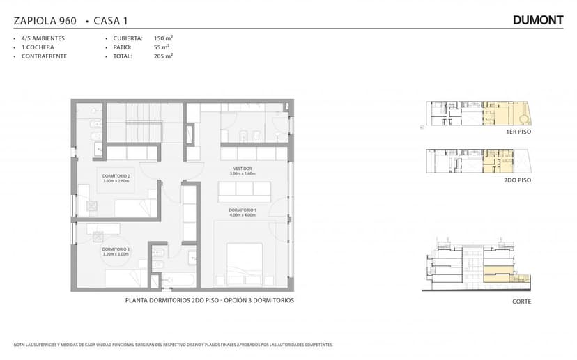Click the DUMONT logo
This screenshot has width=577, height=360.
(x=537, y=20)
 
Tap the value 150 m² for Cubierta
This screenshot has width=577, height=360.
(x=163, y=38)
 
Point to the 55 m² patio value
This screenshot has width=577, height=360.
(x=161, y=47)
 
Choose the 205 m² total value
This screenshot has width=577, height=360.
(x=163, y=56)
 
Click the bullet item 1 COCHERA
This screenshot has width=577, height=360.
(x=38, y=47)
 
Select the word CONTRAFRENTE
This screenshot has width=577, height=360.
(x=44, y=56)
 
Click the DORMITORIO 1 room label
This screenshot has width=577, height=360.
(x=243, y=210)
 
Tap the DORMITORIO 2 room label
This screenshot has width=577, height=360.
(x=116, y=175)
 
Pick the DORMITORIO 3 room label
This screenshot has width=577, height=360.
(x=116, y=249)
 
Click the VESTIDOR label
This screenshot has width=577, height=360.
(x=243, y=169)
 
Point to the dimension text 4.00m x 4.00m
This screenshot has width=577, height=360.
(x=243, y=215)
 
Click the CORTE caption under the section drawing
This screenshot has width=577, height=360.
(x=521, y=302)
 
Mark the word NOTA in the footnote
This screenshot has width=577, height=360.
(x=19, y=345)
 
